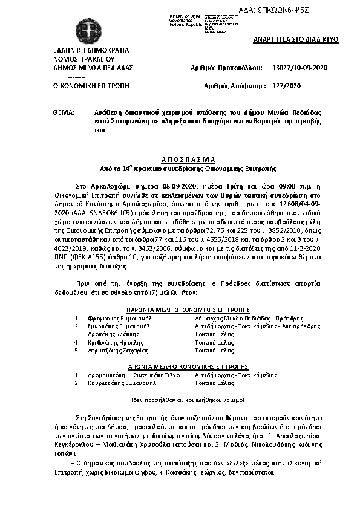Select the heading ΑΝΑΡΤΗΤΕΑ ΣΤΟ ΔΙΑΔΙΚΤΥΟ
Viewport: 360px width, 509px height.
(x=295, y=39)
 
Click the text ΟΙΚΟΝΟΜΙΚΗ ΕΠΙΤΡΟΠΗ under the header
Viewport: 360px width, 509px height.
(x=92, y=86)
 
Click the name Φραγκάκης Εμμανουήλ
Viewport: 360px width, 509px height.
(x=116, y=317)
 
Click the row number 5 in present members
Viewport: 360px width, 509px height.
(x=76, y=349)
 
